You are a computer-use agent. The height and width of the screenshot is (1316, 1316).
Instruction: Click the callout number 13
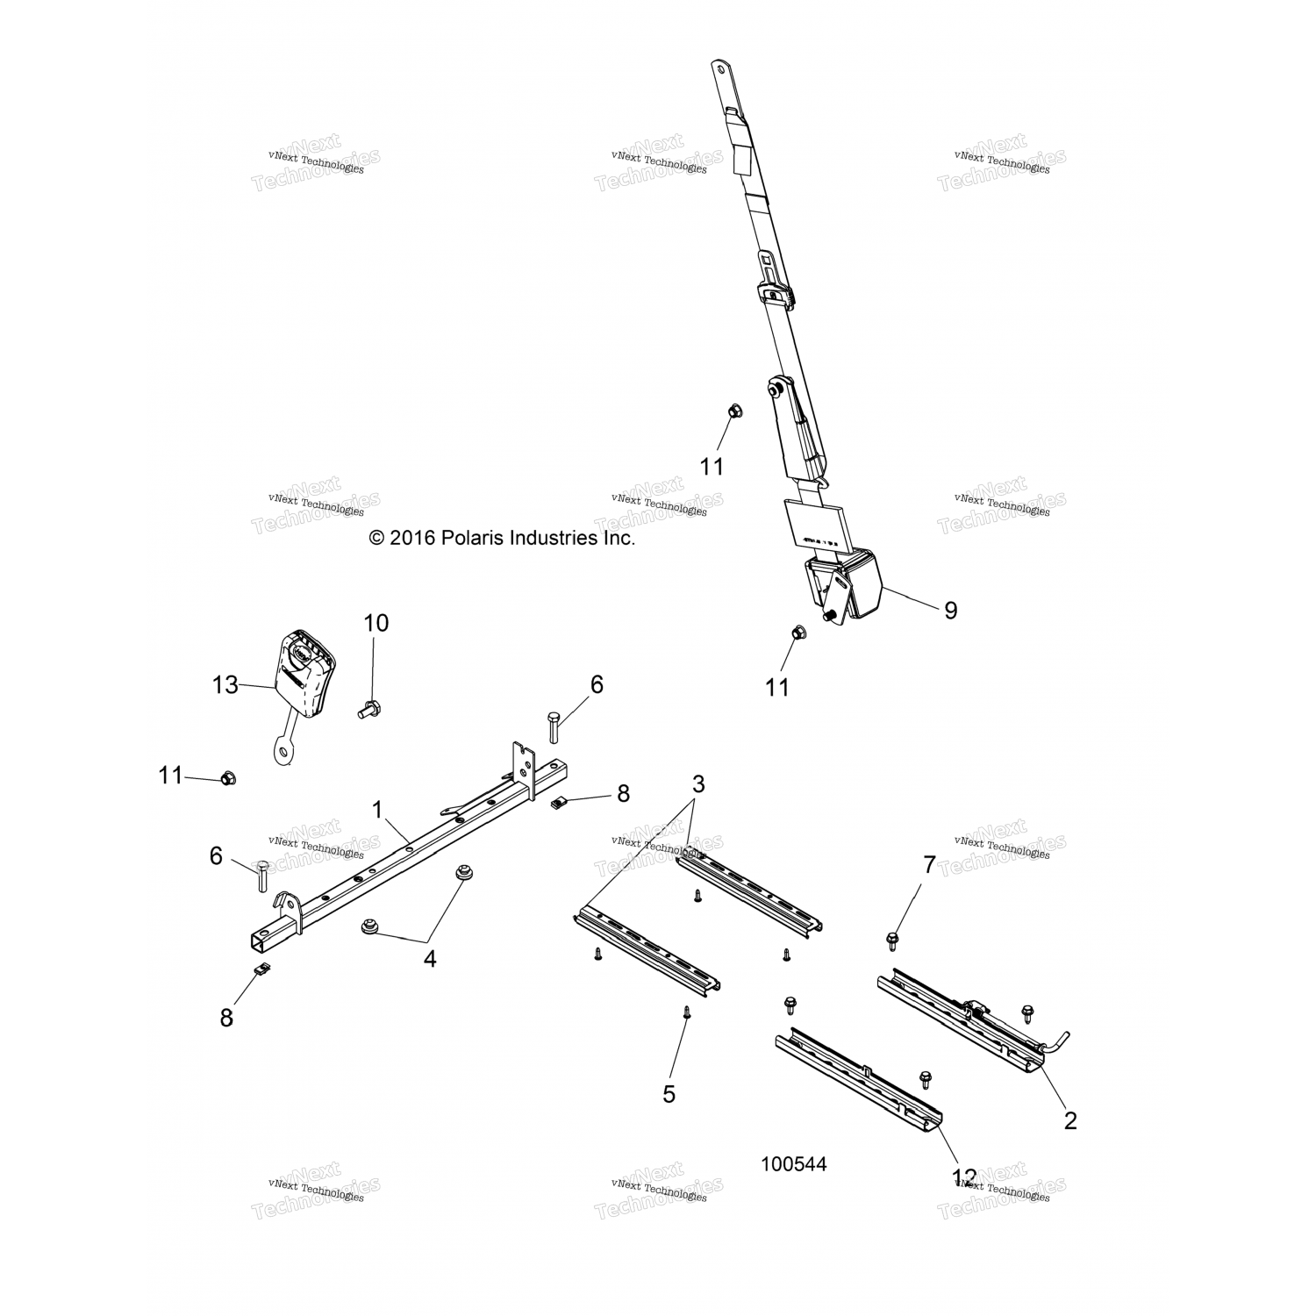pyautogui.click(x=225, y=684)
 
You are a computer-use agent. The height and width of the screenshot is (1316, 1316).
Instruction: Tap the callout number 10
pyautogui.click(x=375, y=624)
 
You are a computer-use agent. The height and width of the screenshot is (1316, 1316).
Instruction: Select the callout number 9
pyautogui.click(x=950, y=611)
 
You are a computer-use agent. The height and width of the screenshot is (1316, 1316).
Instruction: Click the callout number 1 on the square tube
pyautogui.click(x=378, y=810)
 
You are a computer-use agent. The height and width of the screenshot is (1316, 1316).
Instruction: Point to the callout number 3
pyautogui.click(x=697, y=783)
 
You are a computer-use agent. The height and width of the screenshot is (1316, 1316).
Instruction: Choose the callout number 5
pyautogui.click(x=669, y=1094)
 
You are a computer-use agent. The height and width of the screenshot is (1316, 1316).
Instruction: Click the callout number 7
pyautogui.click(x=929, y=866)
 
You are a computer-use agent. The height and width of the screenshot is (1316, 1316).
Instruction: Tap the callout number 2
pyautogui.click(x=1069, y=1120)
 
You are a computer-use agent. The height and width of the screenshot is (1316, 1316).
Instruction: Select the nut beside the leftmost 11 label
pyautogui.click(x=226, y=777)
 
